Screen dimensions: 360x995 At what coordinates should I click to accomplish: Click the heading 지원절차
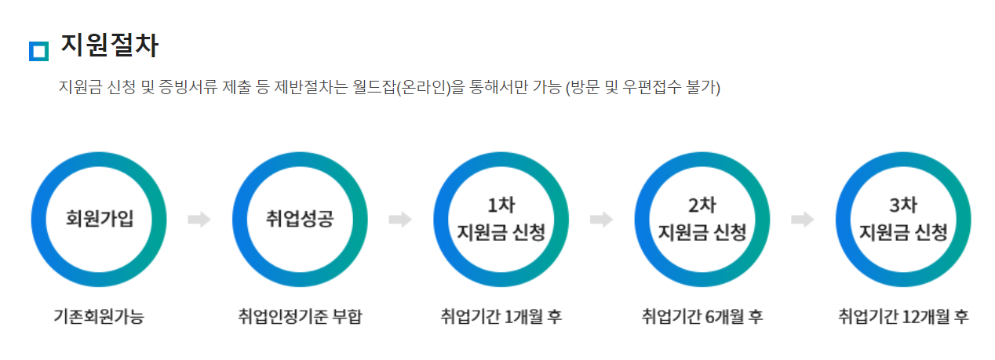(x=109, y=46)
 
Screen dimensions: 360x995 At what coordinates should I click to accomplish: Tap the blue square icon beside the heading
(x=38, y=51)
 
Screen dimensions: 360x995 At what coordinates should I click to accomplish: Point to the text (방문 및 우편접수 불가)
(x=643, y=86)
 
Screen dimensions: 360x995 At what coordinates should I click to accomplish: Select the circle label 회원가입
(x=100, y=219)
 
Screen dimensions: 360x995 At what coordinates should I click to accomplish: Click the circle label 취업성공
(x=301, y=219)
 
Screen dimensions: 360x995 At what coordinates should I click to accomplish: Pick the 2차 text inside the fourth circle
(x=702, y=205)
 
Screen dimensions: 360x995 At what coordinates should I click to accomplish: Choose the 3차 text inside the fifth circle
(x=904, y=205)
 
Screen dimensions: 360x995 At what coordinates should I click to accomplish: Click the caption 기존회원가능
(x=99, y=317)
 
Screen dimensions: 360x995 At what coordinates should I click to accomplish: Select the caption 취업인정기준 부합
(x=301, y=317)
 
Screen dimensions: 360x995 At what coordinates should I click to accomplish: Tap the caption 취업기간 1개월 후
(x=501, y=317)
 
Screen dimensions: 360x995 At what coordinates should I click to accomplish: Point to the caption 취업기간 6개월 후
(x=702, y=317)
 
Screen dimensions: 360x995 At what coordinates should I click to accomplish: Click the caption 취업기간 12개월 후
(x=903, y=317)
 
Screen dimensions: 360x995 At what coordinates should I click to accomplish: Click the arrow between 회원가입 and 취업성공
(x=199, y=220)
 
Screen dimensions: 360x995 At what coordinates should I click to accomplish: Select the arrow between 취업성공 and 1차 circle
(x=401, y=220)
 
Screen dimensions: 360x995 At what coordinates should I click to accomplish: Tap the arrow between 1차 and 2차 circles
(x=602, y=220)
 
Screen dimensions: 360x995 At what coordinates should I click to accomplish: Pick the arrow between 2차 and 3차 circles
(x=803, y=220)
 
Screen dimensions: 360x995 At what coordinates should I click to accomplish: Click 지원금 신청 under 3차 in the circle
(x=904, y=232)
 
